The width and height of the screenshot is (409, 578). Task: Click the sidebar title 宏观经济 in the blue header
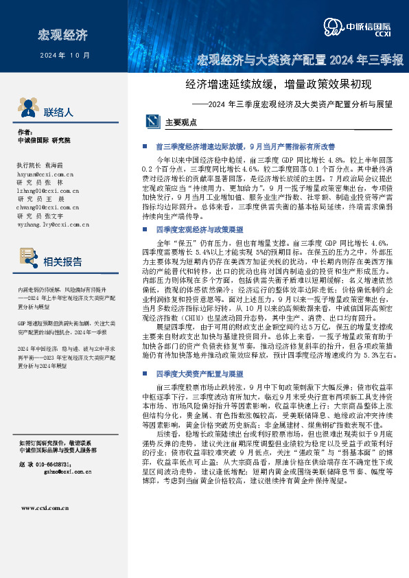(x=63, y=34)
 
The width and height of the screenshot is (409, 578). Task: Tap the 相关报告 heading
(x=63, y=262)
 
